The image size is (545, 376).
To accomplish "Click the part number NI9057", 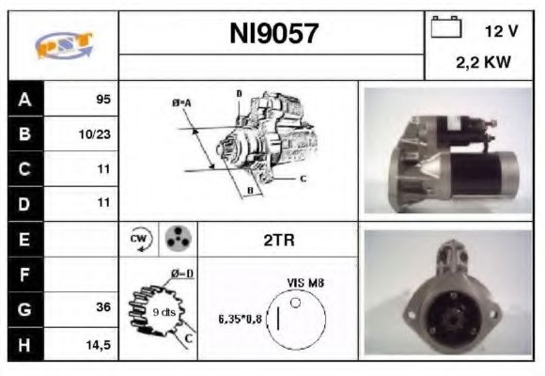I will pos(273,35).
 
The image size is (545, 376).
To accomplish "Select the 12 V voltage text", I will pos(501,31).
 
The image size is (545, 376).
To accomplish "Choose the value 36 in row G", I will pos(103,307).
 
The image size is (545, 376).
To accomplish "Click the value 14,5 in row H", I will pos(99,344).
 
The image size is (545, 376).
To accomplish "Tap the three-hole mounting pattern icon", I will pos(176,239).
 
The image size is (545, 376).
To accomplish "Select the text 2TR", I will pos(278,241).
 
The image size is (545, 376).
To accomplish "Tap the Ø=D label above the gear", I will pos(181,274).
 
